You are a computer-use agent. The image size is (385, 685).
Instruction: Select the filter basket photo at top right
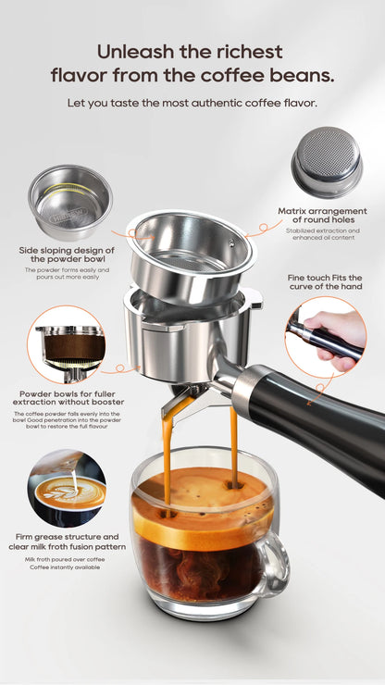click(327, 162)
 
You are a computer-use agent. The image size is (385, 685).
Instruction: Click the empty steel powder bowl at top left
click(69, 201)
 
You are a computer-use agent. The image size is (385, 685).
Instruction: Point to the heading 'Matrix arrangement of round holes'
click(322, 216)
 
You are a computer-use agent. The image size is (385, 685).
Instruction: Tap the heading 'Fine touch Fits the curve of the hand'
click(330, 281)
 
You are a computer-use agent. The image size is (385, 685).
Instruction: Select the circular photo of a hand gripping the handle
click(325, 336)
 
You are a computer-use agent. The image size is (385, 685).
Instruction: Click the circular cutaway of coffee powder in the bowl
click(67, 344)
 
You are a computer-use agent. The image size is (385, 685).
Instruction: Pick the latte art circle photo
click(67, 488)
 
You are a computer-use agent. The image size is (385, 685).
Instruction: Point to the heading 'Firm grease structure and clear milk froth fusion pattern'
click(66, 542)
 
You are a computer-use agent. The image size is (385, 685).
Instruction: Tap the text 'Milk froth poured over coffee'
click(66, 560)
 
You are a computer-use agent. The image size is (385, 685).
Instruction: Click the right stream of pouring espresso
click(232, 444)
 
